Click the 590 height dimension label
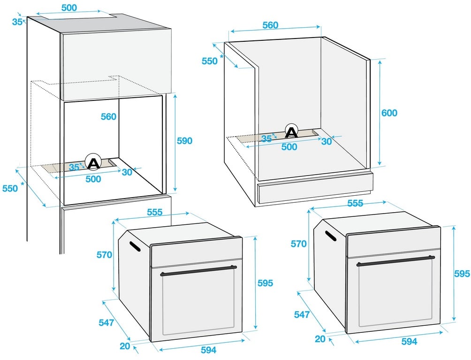184,141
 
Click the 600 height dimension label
389,113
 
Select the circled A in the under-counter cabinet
291,131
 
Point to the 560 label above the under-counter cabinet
270,25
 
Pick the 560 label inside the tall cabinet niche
108,116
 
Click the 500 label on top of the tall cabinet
69,8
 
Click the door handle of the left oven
198,270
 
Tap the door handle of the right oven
395,261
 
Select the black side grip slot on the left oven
135,246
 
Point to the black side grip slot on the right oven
331,236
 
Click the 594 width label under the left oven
208,350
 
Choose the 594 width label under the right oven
409,341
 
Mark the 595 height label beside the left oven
265,283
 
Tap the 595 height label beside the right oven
462,274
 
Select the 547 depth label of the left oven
106,322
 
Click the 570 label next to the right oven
298,244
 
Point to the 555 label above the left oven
155,212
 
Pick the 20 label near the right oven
320,339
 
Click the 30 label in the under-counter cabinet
327,141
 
